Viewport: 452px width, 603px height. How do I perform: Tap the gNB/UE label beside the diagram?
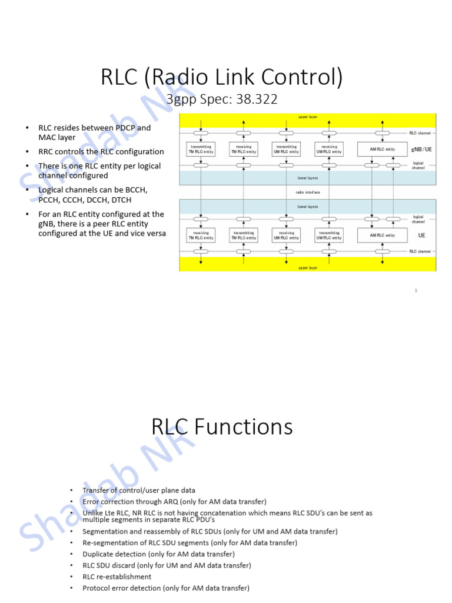click(421, 150)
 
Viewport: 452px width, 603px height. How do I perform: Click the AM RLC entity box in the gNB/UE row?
click(383, 150)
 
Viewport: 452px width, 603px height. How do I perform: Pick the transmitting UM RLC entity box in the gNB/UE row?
click(287, 150)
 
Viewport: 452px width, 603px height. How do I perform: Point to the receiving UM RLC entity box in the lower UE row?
click(287, 236)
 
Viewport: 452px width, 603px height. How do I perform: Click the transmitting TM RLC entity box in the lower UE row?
click(244, 236)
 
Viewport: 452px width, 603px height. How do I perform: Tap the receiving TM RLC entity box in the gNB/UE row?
click(244, 150)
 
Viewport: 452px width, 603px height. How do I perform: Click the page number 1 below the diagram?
click(416, 290)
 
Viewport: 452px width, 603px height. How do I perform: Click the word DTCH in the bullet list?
click(119, 200)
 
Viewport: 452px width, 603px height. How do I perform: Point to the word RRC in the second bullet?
click(47, 151)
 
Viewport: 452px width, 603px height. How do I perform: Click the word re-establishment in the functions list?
click(124, 577)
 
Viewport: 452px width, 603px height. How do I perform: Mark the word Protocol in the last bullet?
click(97, 588)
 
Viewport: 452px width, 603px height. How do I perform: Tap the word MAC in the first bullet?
click(48, 137)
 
